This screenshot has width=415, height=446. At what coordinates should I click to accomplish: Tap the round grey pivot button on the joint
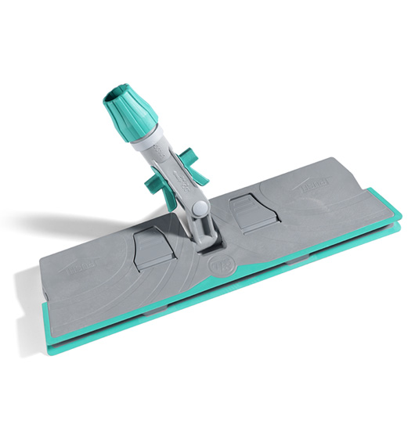200,207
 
